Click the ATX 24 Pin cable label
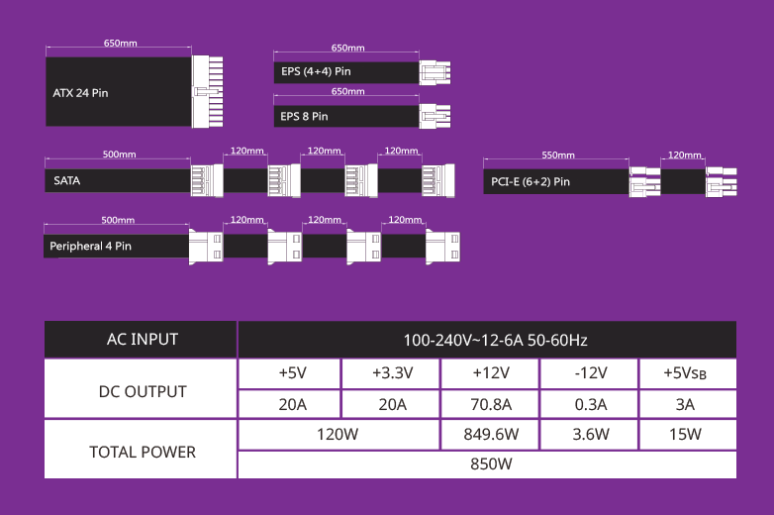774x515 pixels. (80, 93)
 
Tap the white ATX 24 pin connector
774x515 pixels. (207, 91)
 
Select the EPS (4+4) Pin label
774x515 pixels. (316, 71)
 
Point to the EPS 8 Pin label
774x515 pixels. (304, 117)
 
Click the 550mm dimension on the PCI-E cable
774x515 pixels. (558, 155)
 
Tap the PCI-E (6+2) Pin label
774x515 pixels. (531, 181)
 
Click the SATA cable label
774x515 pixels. (67, 180)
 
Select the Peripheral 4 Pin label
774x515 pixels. (90, 246)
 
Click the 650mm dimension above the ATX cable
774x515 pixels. (121, 43)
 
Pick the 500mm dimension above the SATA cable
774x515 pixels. (119, 154)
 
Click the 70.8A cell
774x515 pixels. (490, 404)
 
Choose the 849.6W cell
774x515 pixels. (490, 435)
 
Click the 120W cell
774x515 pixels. (339, 435)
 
